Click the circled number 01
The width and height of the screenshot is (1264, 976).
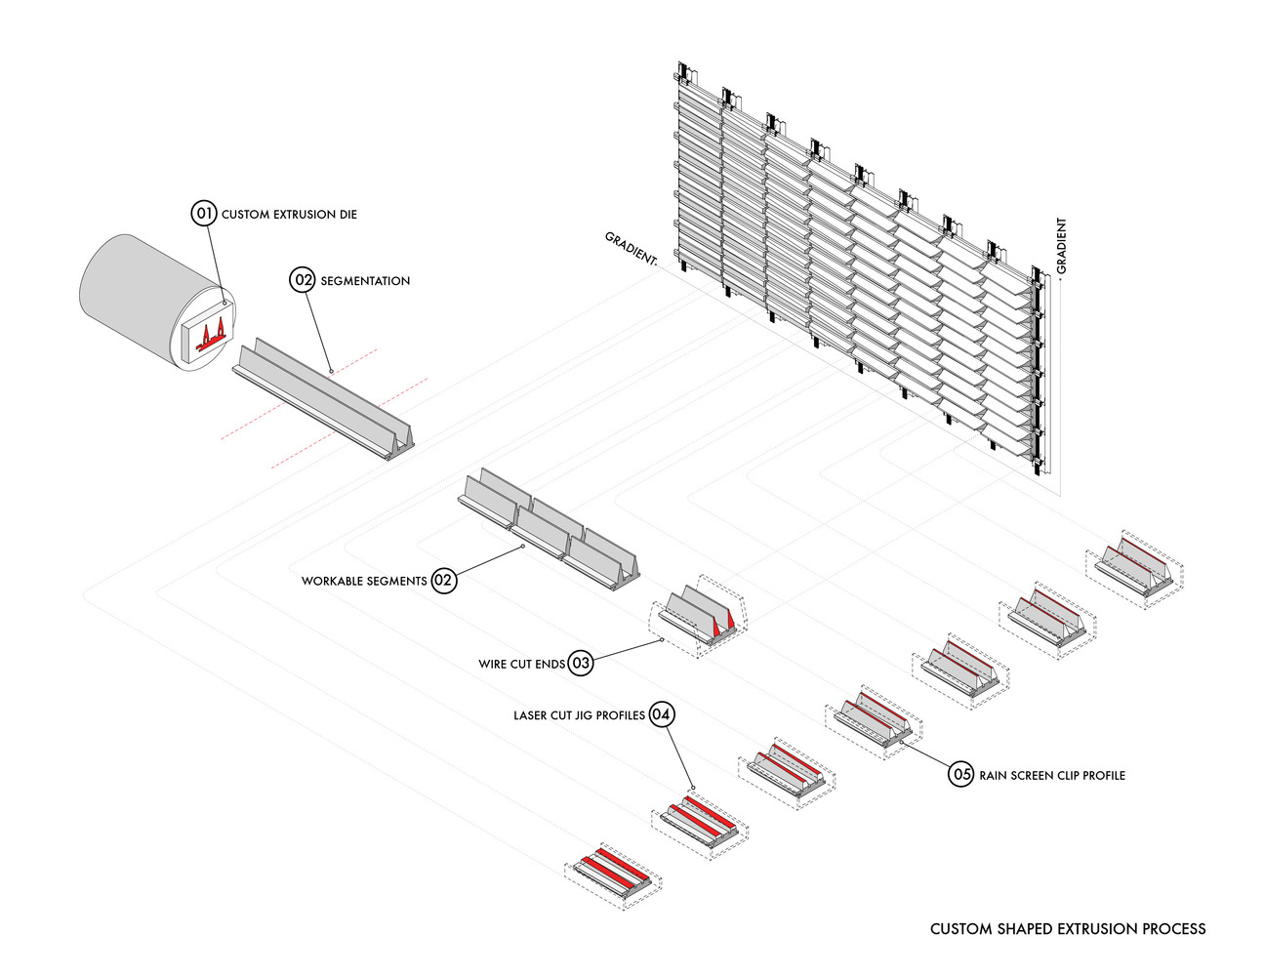[x=203, y=213]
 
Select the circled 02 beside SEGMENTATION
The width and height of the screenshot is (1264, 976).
[x=304, y=280]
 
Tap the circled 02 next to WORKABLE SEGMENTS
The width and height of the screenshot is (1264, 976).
[x=443, y=581]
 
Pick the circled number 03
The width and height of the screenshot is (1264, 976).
[x=581, y=664]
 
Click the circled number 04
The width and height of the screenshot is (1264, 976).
[x=661, y=715]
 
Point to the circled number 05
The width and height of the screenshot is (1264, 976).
[x=961, y=775]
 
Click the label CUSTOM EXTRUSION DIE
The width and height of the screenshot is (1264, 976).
[x=289, y=214]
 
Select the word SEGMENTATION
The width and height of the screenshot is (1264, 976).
[x=365, y=281]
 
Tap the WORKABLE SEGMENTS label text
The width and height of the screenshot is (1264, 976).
[x=364, y=581]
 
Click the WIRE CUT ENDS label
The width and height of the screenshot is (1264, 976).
[x=521, y=665]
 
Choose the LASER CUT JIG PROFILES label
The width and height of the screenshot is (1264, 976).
[x=579, y=715]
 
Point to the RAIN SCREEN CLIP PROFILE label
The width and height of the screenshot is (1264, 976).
[x=1052, y=776]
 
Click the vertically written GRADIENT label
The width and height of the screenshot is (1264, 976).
[x=1061, y=245]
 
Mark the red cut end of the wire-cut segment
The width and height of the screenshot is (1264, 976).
[x=723, y=622]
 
